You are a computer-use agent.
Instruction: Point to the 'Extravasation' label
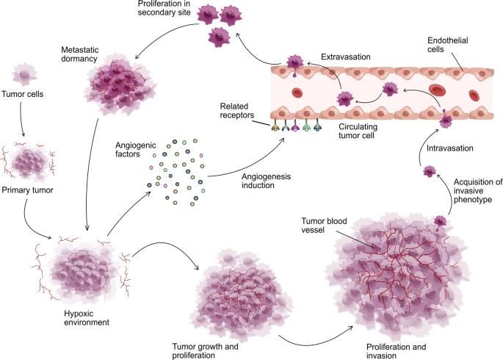(x=345, y=56)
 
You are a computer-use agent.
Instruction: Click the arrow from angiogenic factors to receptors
(x=250, y=162)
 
